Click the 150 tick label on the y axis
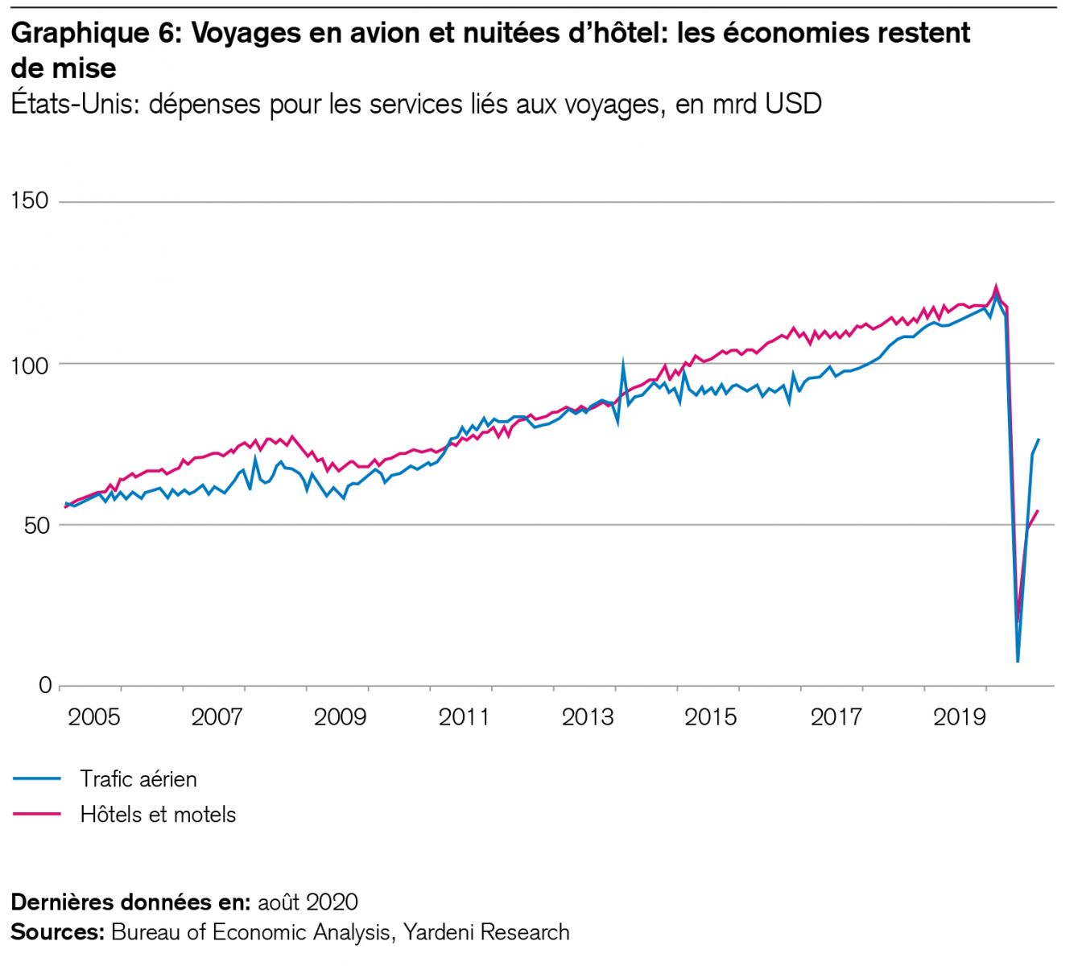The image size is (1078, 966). tap(30, 200)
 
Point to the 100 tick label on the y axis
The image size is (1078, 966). tap(30, 364)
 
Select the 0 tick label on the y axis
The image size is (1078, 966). tap(44, 686)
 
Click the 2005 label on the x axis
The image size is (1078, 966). tap(94, 716)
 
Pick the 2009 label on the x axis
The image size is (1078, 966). tap(340, 716)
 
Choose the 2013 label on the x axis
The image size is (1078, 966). tap(588, 716)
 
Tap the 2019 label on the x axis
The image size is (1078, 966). tap(960, 716)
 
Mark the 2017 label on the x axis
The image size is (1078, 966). tap(836, 716)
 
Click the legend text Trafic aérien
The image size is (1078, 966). tap(138, 779)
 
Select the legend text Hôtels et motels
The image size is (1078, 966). tap(158, 815)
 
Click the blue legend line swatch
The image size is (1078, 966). tap(37, 779)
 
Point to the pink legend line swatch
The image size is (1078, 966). tap(37, 815)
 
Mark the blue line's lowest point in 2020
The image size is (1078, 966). tap(1018, 661)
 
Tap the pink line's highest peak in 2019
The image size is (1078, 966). tap(997, 286)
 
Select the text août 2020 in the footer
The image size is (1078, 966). tap(308, 902)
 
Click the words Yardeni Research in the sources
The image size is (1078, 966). tap(486, 932)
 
